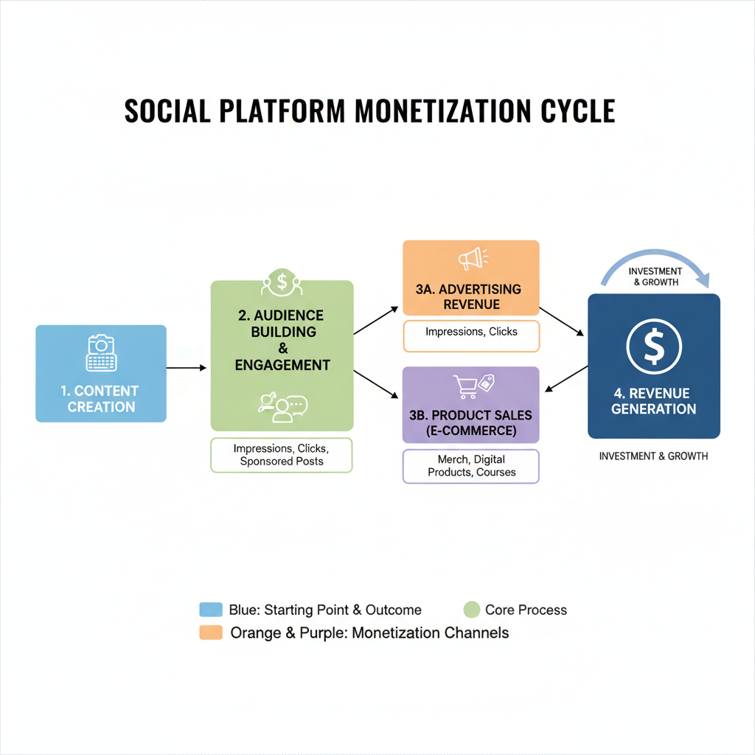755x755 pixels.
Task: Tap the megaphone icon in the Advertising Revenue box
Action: (471, 258)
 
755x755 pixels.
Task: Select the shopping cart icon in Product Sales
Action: (465, 386)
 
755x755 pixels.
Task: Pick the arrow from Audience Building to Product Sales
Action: (377, 386)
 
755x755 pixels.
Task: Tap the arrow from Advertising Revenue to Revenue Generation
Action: (563, 321)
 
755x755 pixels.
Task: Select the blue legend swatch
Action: (211, 610)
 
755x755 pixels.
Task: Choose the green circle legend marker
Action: (472, 610)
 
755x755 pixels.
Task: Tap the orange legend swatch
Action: (211, 633)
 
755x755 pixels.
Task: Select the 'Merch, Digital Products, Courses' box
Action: (471, 466)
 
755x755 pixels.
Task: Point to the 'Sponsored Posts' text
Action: (282, 462)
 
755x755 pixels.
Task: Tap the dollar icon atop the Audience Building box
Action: (282, 280)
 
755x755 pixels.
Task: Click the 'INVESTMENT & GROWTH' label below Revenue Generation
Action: (653, 456)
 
